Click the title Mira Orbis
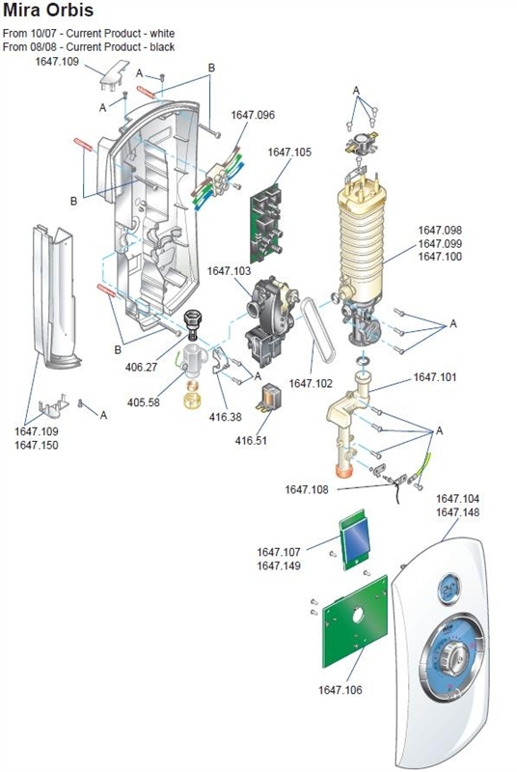[x=48, y=14]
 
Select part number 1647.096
[x=253, y=115]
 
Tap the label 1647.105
[x=290, y=152]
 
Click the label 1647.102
[x=310, y=383]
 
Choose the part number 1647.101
[x=436, y=377]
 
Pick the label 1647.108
[x=307, y=489]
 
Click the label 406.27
[x=142, y=367]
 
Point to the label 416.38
[x=224, y=418]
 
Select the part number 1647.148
[x=457, y=512]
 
